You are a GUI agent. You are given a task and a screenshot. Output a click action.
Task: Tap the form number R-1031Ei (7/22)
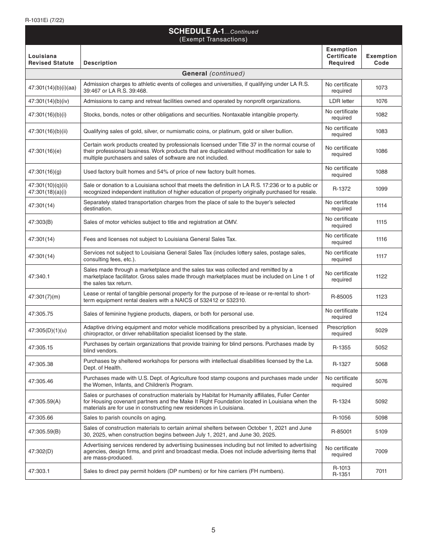(45, 20)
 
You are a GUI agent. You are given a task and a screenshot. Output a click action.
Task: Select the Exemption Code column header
(381, 59)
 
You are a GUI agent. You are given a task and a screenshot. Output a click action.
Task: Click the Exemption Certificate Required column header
(342, 56)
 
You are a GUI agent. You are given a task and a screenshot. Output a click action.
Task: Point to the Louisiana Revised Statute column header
(51, 59)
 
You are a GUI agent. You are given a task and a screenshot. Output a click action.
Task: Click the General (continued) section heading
(213, 73)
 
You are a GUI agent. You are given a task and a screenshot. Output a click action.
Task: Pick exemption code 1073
(381, 88)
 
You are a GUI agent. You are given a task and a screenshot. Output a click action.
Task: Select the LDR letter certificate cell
(342, 101)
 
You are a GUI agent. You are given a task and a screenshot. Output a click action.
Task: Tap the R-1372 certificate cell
(342, 189)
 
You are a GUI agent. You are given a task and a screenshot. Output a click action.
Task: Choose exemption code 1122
(381, 276)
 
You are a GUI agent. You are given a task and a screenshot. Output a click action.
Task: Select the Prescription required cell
(342, 330)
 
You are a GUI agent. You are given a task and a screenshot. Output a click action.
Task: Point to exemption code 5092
(381, 401)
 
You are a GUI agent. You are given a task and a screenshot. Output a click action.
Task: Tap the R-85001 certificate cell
(342, 432)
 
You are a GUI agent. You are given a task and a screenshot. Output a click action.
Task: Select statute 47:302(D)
(40, 451)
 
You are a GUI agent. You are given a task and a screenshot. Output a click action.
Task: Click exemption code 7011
(381, 471)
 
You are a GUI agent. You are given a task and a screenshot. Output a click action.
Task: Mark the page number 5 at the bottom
(213, 530)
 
